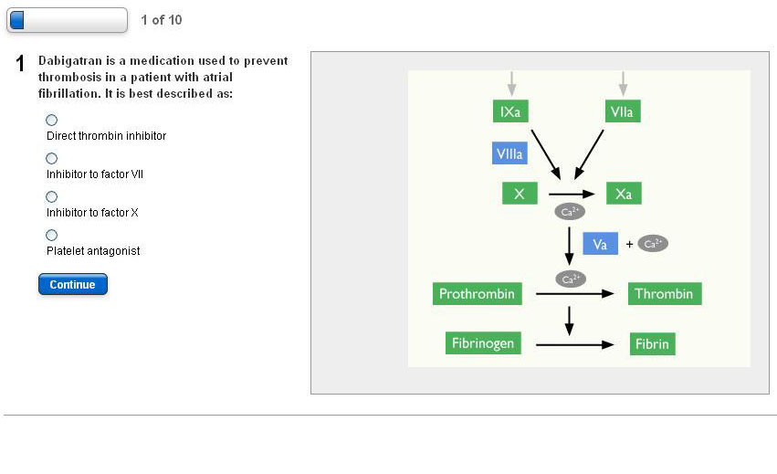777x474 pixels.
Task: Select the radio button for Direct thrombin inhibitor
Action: tap(51, 120)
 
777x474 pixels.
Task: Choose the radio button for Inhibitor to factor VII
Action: tap(51, 158)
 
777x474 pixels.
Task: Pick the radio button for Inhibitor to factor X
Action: tap(51, 196)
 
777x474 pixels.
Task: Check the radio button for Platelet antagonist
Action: tap(51, 235)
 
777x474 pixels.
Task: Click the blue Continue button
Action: tap(73, 284)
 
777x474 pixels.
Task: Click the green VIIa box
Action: tap(623, 111)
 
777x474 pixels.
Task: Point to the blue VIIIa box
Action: tap(509, 153)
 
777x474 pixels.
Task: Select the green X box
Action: tap(520, 194)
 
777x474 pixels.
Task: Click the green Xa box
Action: tap(624, 194)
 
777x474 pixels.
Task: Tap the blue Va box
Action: tap(600, 244)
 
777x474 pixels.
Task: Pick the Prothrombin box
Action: tap(477, 294)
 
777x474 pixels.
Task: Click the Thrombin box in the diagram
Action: tap(664, 294)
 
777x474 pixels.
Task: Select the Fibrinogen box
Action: tap(483, 343)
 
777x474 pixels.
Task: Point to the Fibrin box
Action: tap(652, 344)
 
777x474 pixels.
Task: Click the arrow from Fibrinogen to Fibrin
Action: tap(574, 344)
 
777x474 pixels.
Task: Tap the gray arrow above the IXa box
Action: tap(511, 83)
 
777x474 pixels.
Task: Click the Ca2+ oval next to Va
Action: tap(653, 244)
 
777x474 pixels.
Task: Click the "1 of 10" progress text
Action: tap(162, 20)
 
